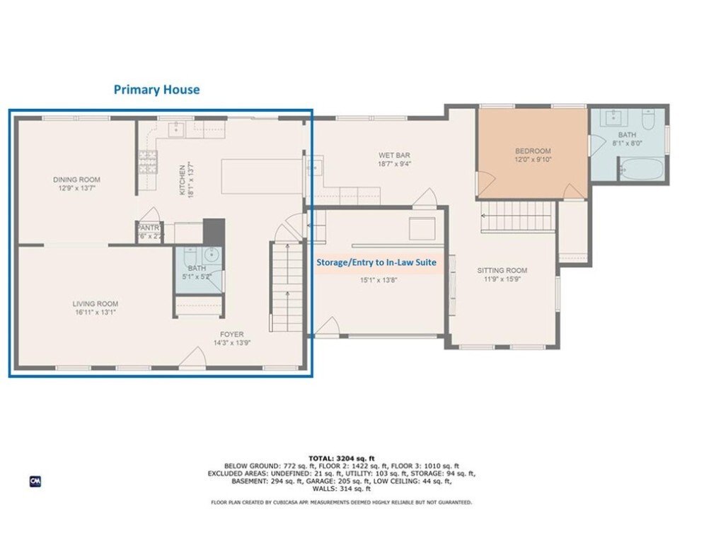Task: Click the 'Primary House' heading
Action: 157,90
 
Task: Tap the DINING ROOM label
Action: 76,180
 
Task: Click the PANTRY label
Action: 149,228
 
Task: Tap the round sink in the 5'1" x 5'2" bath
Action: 210,255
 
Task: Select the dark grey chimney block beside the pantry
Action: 214,230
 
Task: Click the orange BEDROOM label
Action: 532,151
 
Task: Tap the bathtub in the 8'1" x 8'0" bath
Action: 642,170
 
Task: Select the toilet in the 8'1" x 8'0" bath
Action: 648,117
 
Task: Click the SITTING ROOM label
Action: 502,270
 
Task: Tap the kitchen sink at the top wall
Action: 178,129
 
